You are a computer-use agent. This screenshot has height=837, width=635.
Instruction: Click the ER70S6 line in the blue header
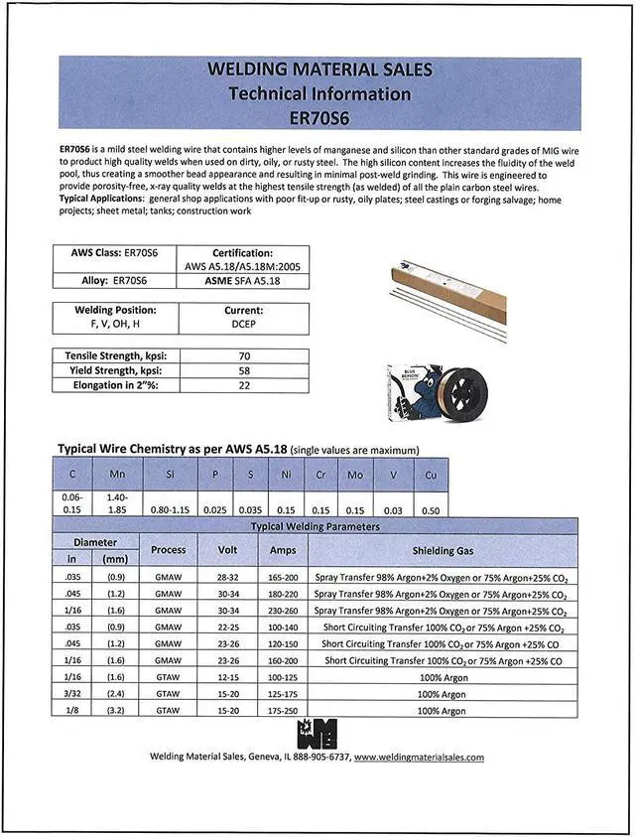pyautogui.click(x=318, y=116)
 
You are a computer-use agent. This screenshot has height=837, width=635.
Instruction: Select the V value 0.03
pyautogui.click(x=394, y=510)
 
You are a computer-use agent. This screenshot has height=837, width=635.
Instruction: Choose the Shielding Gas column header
pyautogui.click(x=443, y=549)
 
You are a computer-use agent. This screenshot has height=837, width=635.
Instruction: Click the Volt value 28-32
pyautogui.click(x=227, y=576)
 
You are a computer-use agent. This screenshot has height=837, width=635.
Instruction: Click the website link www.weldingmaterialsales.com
pyautogui.click(x=419, y=758)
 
